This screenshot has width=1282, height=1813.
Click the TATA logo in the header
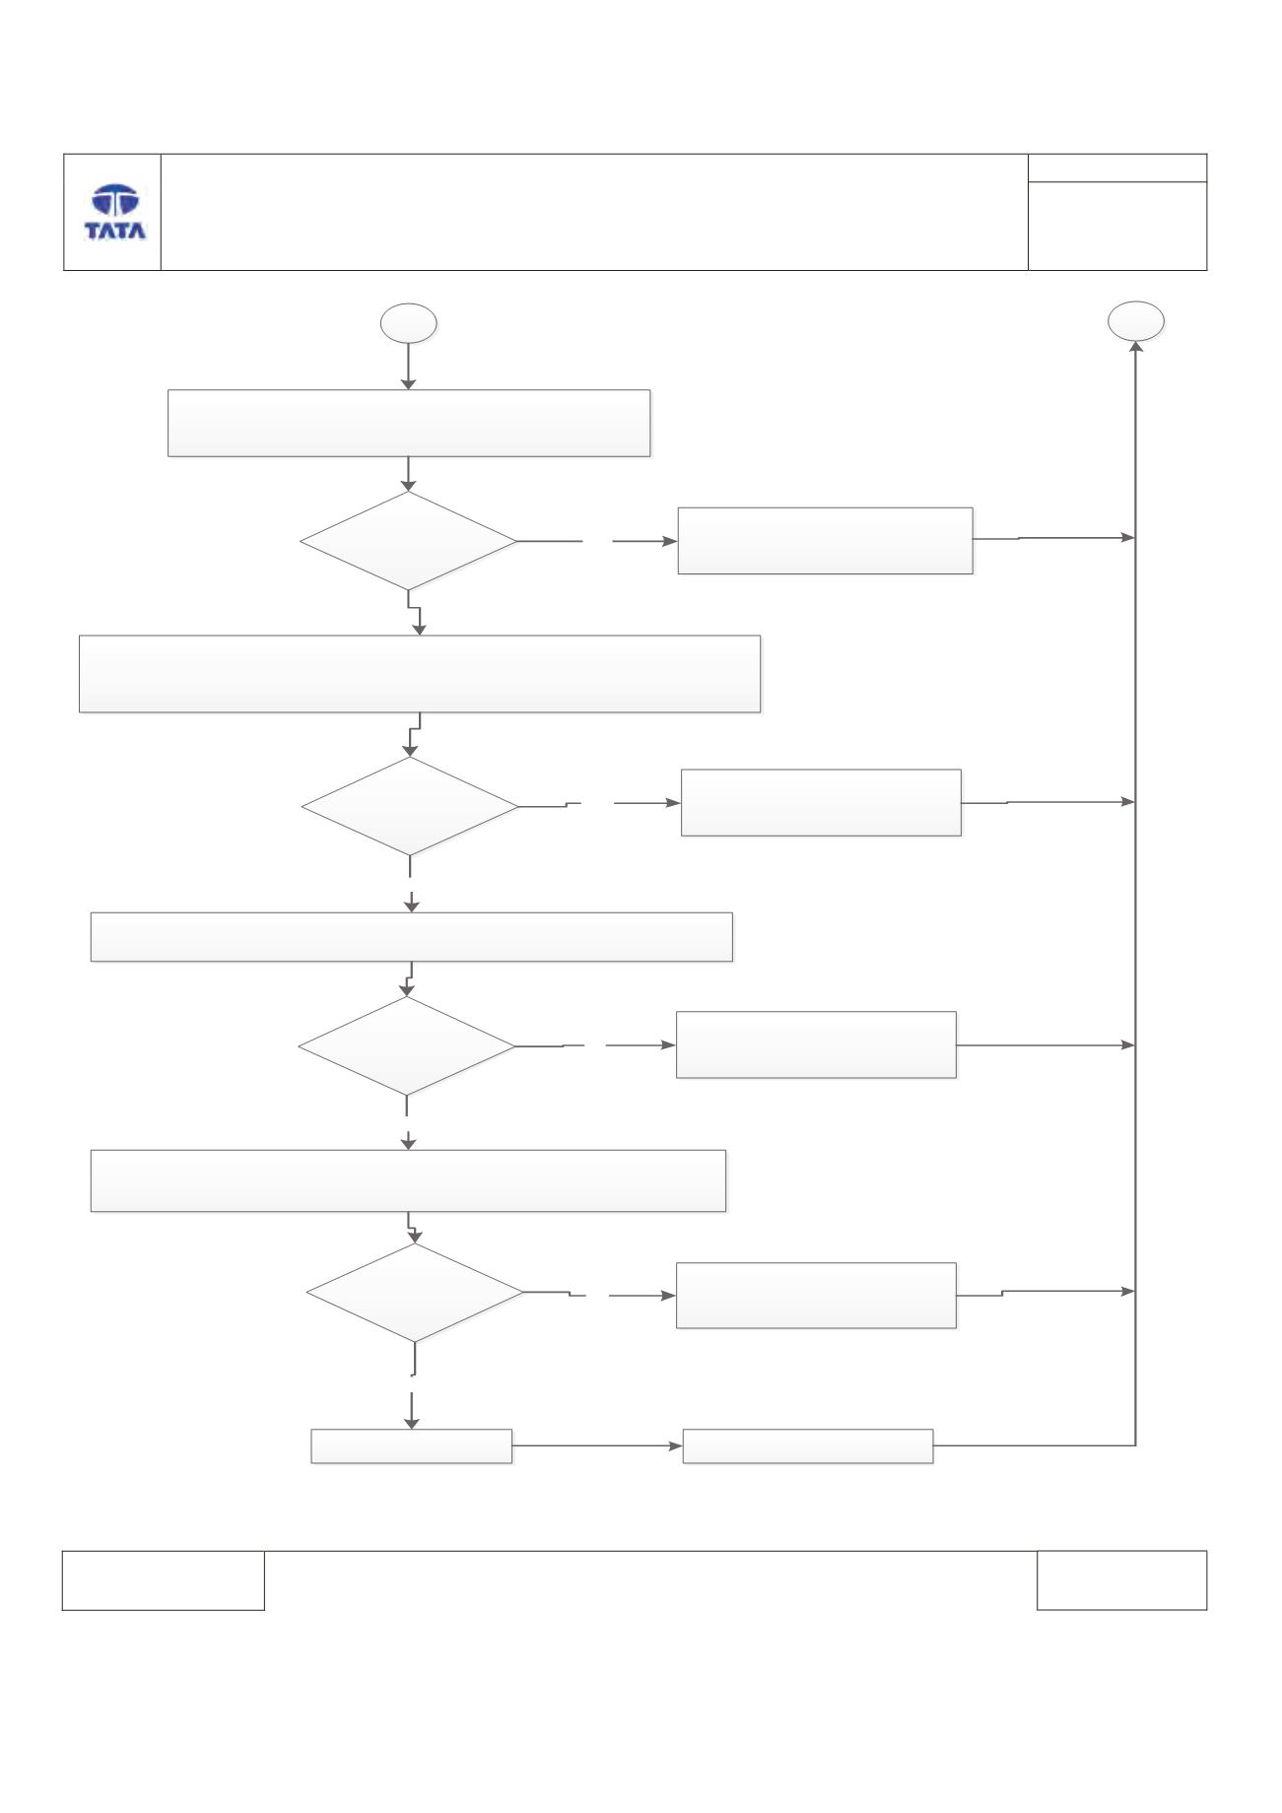click(x=115, y=213)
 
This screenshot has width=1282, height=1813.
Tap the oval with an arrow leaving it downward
click(x=409, y=323)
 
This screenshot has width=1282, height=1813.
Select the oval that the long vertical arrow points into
click(x=1136, y=321)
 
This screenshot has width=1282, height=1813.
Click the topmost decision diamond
click(x=408, y=541)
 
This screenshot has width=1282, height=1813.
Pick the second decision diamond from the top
click(x=410, y=806)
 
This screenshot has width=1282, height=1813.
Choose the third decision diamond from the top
click(x=407, y=1046)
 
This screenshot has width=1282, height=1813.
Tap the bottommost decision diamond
click(x=415, y=1293)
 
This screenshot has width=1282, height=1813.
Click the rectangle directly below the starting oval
click(x=409, y=423)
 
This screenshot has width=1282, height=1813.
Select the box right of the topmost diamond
click(x=826, y=541)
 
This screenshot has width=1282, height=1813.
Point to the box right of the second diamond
click(x=821, y=803)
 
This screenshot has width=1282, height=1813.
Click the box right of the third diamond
click(x=816, y=1044)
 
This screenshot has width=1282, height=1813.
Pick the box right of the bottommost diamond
click(x=816, y=1296)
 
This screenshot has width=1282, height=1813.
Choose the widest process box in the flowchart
click(x=420, y=674)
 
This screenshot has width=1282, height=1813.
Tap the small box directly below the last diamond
click(x=412, y=1446)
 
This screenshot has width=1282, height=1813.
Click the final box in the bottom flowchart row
click(x=808, y=1446)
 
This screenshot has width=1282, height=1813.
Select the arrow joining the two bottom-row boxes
click(x=597, y=1446)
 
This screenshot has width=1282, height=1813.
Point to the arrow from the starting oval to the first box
click(x=408, y=367)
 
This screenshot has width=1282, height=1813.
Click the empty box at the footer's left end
click(x=164, y=1581)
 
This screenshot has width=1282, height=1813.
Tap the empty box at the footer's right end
click(x=1121, y=1580)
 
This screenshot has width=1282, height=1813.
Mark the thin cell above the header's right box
click(x=1117, y=168)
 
